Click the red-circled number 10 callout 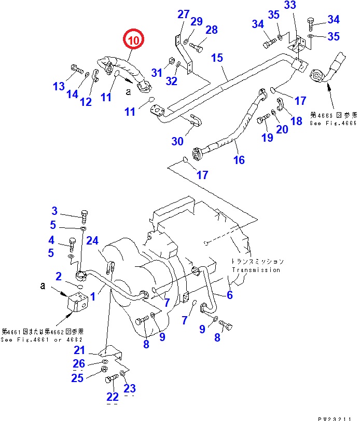pos(133,40)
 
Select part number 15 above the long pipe pos(217,58)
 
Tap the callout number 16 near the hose pos(239,160)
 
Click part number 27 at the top pos(184,14)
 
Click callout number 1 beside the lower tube pos(93,296)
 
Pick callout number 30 pos(177,141)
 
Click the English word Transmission pos(256,270)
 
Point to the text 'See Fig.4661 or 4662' pos(42,340)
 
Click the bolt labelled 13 pos(75,68)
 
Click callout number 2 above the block pos(59,276)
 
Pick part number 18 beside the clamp pos(296,121)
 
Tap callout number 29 pos(196,21)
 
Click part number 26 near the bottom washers pos(79,363)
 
